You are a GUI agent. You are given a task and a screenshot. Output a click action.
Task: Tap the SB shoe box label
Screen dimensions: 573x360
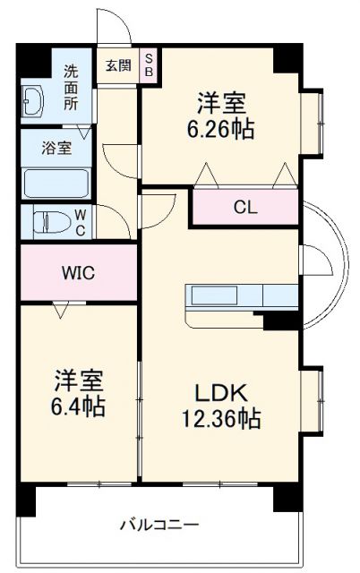[x=150, y=64]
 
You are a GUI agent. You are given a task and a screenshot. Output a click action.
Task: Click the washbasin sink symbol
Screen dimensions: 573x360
[x=34, y=102]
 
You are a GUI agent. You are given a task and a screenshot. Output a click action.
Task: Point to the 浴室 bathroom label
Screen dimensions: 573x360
[x=56, y=148]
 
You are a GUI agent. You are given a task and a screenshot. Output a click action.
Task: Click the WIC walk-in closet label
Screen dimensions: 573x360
[x=78, y=272]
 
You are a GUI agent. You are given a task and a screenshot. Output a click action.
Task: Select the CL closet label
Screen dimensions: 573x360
[x=244, y=206]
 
